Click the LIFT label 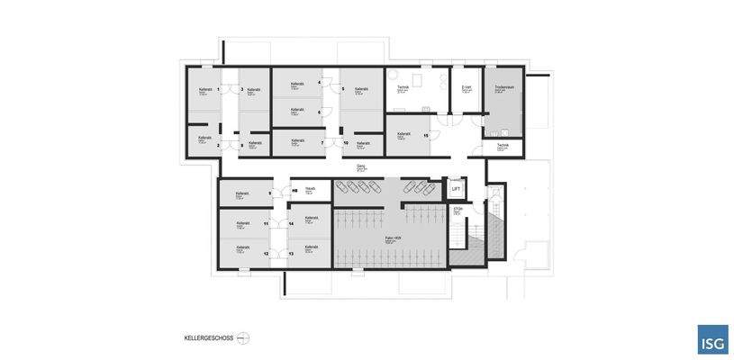456,189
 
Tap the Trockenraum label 503,87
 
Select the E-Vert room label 467,87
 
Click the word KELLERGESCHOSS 208,338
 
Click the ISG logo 712,339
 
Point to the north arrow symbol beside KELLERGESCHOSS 243,338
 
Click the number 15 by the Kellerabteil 425,136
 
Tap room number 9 269,193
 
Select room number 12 266,254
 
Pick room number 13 291,254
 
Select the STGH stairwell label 458,210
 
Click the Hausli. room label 310,188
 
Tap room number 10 345,142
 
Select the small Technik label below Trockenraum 503,145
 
